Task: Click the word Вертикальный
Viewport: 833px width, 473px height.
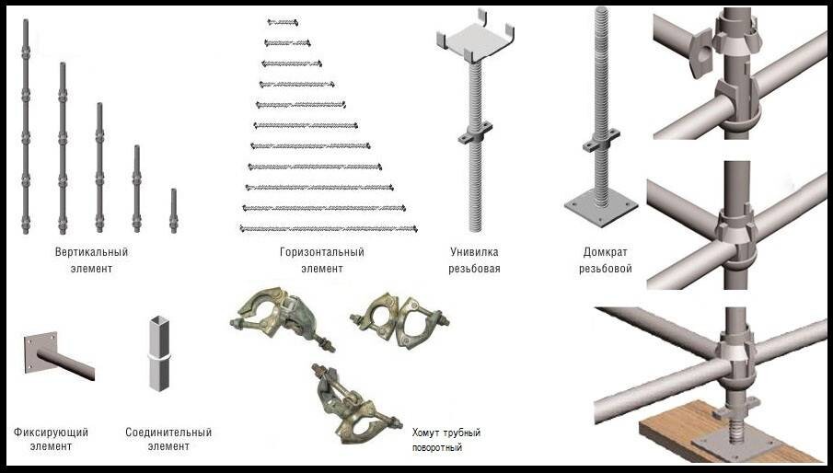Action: coord(91,251)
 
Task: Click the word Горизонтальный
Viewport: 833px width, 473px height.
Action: coord(321,251)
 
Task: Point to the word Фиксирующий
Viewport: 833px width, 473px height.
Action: coord(51,432)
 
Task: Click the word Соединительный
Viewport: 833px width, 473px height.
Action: coord(168,432)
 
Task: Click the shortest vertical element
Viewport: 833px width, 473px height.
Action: coord(173,211)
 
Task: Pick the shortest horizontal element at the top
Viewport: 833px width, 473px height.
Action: coord(283,20)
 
